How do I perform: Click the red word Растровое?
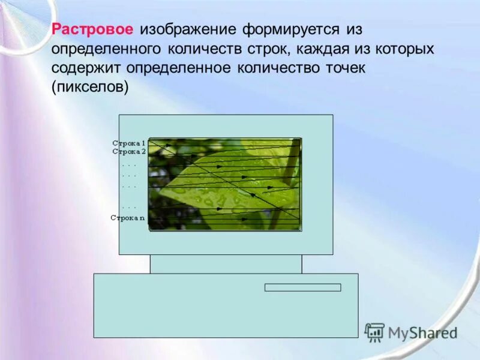[93, 29]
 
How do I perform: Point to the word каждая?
[320, 49]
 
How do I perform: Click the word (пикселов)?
[91, 87]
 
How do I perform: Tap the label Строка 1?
[129, 143]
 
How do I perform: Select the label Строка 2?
[129, 152]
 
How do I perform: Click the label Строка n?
[128, 218]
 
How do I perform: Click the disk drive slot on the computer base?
[302, 287]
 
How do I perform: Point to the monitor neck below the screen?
[226, 264]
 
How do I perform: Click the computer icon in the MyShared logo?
[374, 332]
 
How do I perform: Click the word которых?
[401, 49]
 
